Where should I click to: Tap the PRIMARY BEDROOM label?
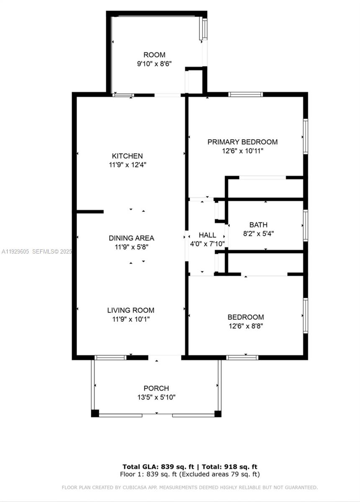point(242,142)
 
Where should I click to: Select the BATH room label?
point(258,225)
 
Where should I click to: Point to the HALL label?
point(207,235)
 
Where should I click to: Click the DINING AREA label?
point(131,238)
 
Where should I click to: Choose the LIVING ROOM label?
point(131,310)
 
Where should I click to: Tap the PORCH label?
point(156,388)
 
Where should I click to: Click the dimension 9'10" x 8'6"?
point(154,64)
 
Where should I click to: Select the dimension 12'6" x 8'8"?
point(245,326)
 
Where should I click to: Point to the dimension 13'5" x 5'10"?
point(156,397)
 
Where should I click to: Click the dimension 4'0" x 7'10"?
point(208,244)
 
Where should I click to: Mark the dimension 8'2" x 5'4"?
point(258,233)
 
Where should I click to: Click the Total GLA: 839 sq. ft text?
point(159,466)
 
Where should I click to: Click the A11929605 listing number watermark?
point(15,251)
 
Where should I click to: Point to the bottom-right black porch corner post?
point(218,414)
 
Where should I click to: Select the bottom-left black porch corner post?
point(95,414)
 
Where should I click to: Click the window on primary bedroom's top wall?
point(246,94)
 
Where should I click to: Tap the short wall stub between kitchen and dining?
point(90,212)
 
